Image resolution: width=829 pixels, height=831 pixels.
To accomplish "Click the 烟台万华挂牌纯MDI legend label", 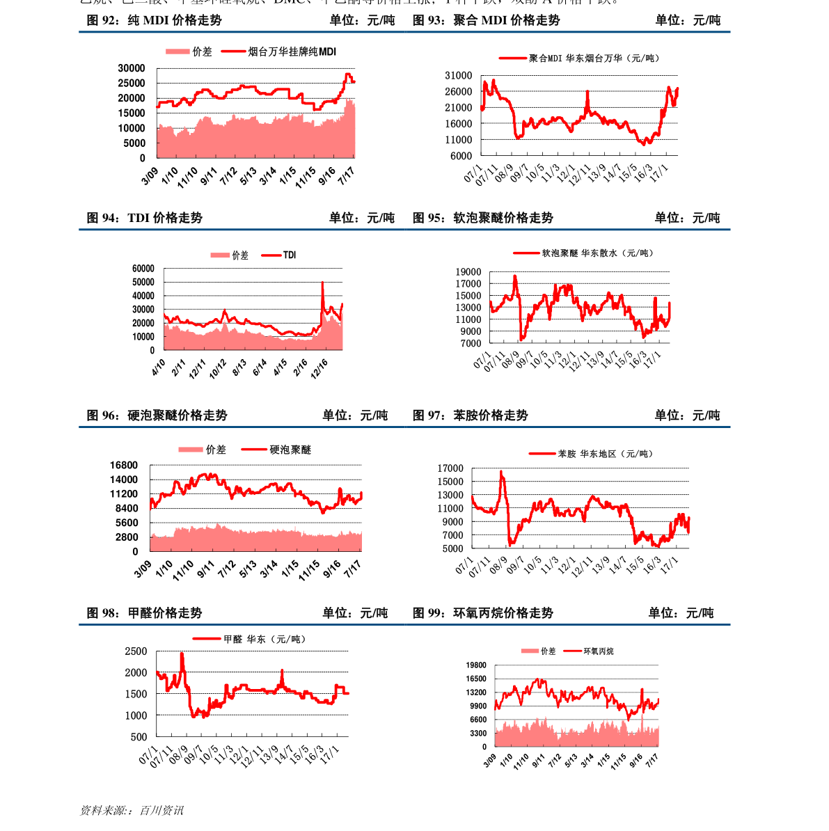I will pyautogui.click(x=292, y=52).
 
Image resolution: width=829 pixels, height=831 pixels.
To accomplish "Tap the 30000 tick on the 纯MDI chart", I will pyautogui.click(x=132, y=68).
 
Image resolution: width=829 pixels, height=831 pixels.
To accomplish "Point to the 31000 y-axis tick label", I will pyautogui.click(x=459, y=76).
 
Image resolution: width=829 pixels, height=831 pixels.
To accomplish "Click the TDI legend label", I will pyautogui.click(x=290, y=255).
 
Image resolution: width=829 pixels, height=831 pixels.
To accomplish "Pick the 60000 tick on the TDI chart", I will pyautogui.click(x=143, y=269).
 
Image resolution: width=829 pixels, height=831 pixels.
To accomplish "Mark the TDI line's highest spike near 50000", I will pyautogui.click(x=322, y=282).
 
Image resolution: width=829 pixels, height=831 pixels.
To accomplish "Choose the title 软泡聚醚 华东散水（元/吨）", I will pyautogui.click(x=598, y=253).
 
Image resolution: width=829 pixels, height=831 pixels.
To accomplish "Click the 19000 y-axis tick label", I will pyautogui.click(x=468, y=272).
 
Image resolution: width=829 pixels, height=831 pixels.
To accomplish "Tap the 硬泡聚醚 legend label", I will pyautogui.click(x=290, y=450).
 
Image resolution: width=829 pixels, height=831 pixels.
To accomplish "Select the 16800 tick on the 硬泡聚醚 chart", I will pyautogui.click(x=124, y=466).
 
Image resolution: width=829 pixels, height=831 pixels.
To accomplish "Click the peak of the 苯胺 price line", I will pyautogui.click(x=501, y=472).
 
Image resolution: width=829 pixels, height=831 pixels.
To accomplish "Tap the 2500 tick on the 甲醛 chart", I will pyautogui.click(x=136, y=651).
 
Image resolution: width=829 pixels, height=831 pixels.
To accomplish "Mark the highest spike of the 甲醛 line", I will pyautogui.click(x=182, y=654).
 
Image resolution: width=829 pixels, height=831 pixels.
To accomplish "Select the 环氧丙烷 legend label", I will pyautogui.click(x=599, y=651).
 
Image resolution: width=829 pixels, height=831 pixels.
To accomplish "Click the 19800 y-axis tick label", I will pyautogui.click(x=477, y=665).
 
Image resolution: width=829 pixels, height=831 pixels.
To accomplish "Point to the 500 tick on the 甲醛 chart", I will pyautogui.click(x=139, y=737).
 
